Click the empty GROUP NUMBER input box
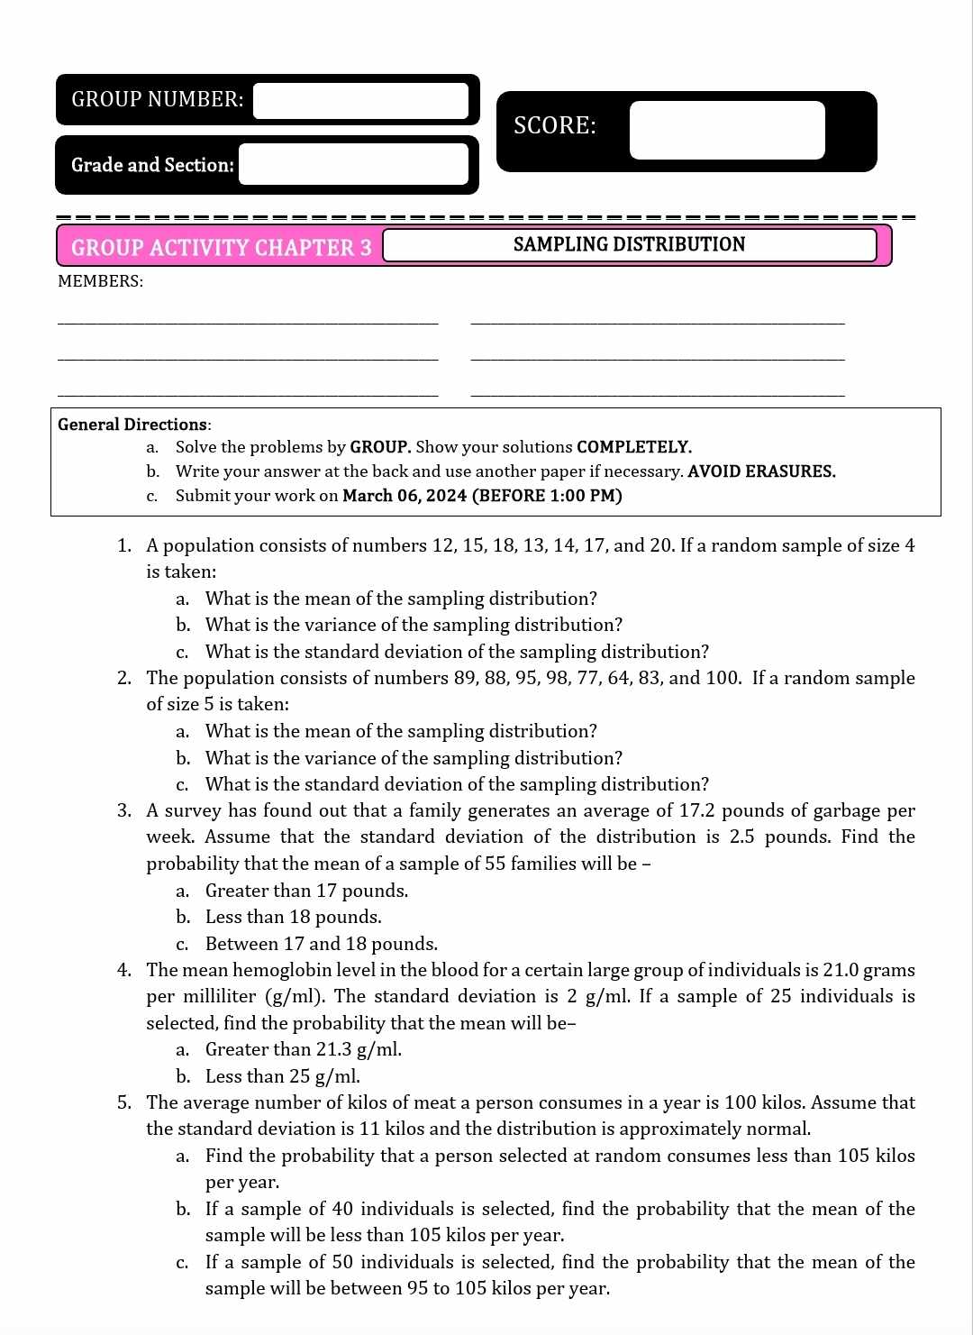pyautogui.click(x=360, y=100)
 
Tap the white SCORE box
pyautogui.click(x=726, y=130)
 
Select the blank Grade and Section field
pyautogui.click(x=353, y=165)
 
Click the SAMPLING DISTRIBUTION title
pyautogui.click(x=629, y=244)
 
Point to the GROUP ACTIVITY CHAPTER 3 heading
pyautogui.click(x=221, y=248)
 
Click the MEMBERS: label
pyautogui.click(x=100, y=281)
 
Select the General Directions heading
pyautogui.click(x=133, y=425)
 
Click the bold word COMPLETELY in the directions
pyautogui.click(x=633, y=447)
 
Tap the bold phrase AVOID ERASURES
pyautogui.click(x=761, y=471)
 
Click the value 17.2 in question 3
pyautogui.click(x=696, y=810)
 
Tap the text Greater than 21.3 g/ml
pyautogui.click(x=304, y=1049)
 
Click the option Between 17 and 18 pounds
pyautogui.click(x=322, y=944)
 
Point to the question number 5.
pyautogui.click(x=123, y=1102)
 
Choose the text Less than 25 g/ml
pyautogui.click(x=283, y=1076)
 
